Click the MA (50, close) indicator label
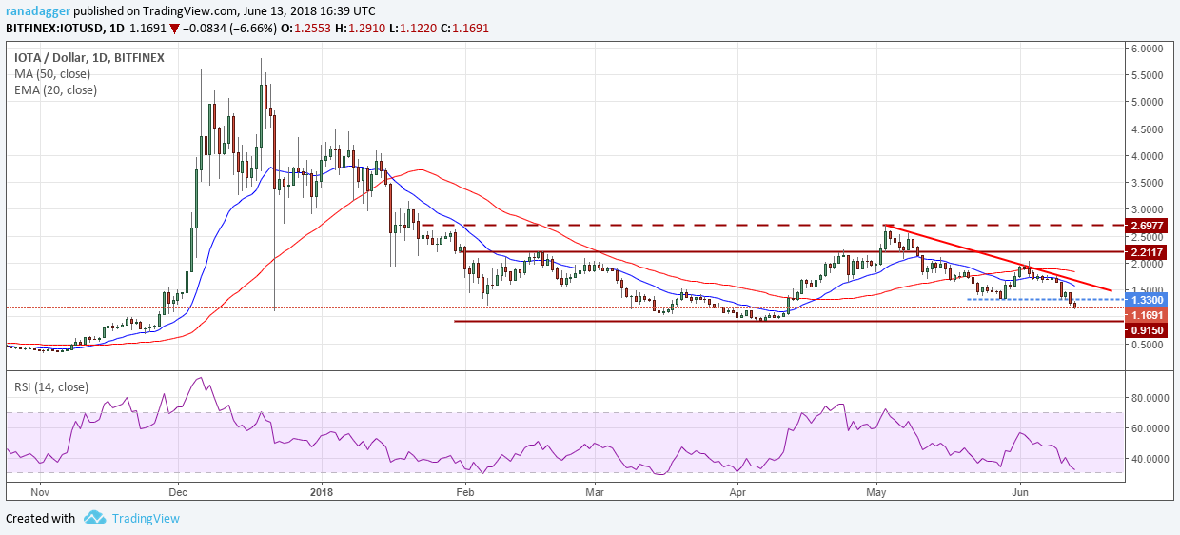tap(54, 74)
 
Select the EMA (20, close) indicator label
tap(56, 90)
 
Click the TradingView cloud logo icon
tap(94, 518)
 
